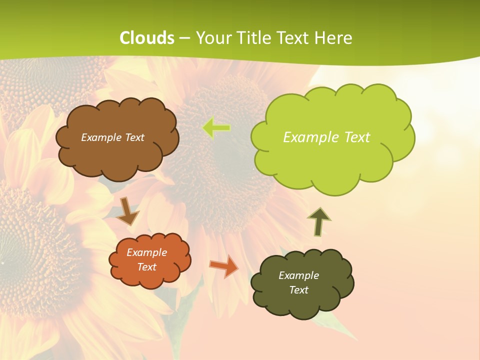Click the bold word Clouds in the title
click(x=147, y=38)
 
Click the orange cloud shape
click(x=149, y=277)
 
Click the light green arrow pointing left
click(x=216, y=128)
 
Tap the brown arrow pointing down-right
click(x=128, y=211)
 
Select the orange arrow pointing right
click(x=224, y=265)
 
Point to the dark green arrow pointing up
click(x=319, y=221)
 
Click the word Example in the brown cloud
click(x=99, y=137)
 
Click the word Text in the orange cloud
click(x=147, y=267)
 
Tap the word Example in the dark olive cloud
click(x=298, y=275)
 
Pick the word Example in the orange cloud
click(x=147, y=252)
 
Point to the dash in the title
click(x=184, y=38)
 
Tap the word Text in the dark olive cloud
click(x=298, y=290)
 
